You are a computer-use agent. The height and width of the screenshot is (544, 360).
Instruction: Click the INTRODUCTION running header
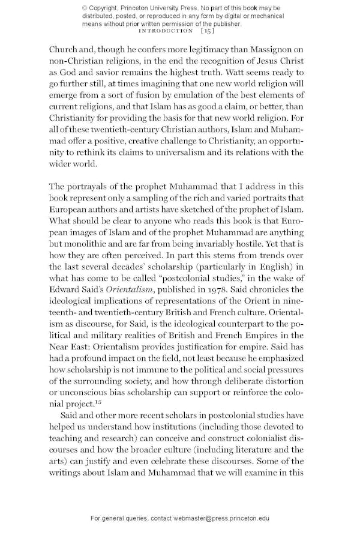coord(166,30)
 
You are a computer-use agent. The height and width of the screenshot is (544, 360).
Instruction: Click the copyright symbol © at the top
coord(84,8)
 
